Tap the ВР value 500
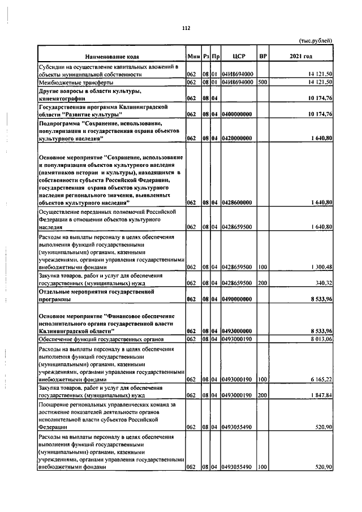[x=262, y=82]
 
